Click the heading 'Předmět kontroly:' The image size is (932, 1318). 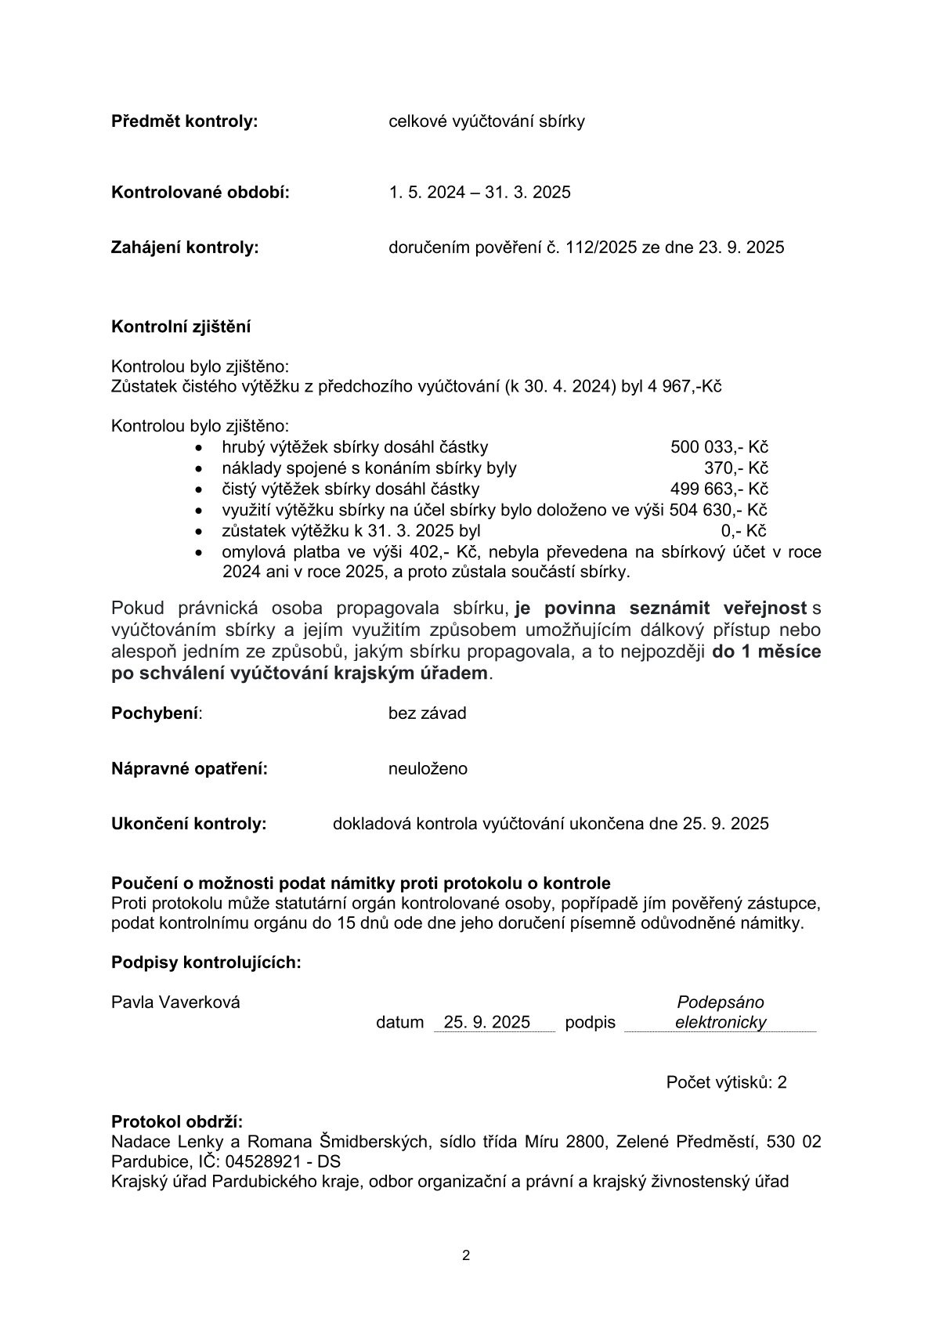click(184, 121)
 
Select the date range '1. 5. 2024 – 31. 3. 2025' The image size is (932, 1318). click(479, 192)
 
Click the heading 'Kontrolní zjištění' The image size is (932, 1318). click(181, 327)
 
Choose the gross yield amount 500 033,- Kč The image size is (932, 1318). click(718, 447)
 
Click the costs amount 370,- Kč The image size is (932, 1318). click(735, 468)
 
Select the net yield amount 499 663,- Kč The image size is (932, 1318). click(718, 489)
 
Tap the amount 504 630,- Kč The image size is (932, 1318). click(717, 511)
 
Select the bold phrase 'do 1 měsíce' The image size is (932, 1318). click(766, 652)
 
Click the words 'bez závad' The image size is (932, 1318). click(427, 713)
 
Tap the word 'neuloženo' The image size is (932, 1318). click(428, 769)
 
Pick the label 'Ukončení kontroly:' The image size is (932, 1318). click(189, 824)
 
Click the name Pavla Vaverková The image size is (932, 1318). click(175, 1002)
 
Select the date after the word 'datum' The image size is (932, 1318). click(486, 1022)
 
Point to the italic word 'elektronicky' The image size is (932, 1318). click(720, 1022)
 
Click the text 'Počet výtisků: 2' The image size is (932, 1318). click(726, 1082)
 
